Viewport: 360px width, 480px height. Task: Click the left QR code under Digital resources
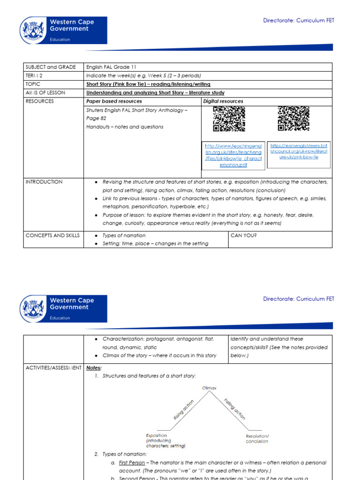pyautogui.click(x=229, y=119)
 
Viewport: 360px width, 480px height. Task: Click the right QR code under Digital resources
pyautogui.click(x=293, y=119)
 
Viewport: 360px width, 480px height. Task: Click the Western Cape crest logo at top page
pyautogui.click(x=33, y=31)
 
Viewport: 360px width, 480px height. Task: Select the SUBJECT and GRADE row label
pyautogui.click(x=51, y=67)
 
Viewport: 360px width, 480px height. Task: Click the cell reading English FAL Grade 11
pyautogui.click(x=111, y=67)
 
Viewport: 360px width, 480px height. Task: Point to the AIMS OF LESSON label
pyautogui.click(x=45, y=93)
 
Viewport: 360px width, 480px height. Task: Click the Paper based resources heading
pyautogui.click(x=114, y=101)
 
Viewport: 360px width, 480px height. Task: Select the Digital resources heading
pyautogui.click(x=223, y=101)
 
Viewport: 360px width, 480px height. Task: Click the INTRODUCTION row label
pyautogui.click(x=44, y=182)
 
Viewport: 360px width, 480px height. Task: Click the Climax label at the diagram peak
pyautogui.click(x=209, y=388)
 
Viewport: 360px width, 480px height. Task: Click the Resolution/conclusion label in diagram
pyautogui.click(x=257, y=439)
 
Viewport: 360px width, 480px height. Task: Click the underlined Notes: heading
pyautogui.click(x=94, y=368)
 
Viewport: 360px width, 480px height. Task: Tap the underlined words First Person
pyautogui.click(x=132, y=463)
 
